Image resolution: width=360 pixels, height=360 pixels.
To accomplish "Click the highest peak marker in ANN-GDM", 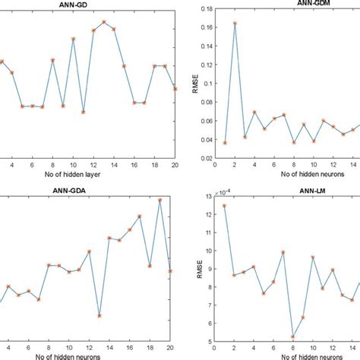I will [235, 23].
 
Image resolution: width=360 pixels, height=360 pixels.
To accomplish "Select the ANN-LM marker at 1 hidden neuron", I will [224, 205].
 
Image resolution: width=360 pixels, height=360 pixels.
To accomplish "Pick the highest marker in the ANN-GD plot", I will [103, 22].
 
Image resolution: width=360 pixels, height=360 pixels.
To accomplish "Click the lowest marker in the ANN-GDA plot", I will [99, 315].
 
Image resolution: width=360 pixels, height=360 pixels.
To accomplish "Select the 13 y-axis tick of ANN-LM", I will [204, 197].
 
